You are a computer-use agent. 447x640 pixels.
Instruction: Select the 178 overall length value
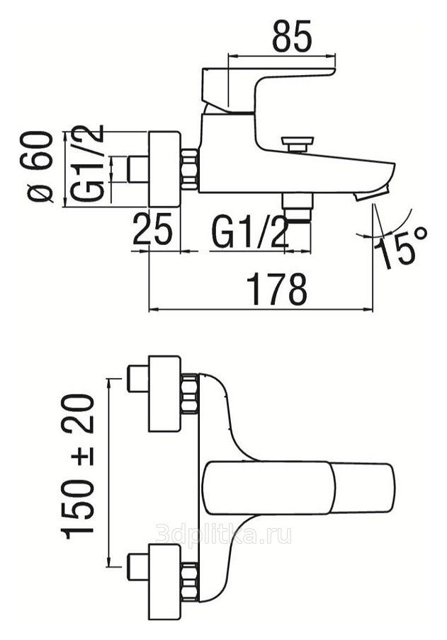pyautogui.click(x=277, y=290)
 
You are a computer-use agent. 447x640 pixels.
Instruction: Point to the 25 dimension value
pyautogui.click(x=152, y=229)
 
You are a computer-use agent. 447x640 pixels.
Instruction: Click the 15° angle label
pyautogui.click(x=400, y=248)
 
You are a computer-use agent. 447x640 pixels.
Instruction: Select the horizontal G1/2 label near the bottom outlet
pyautogui.click(x=249, y=232)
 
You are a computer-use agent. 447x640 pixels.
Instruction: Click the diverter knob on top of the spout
pyautogui.click(x=297, y=144)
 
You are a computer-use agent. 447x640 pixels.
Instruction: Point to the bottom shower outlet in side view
pyautogui.click(x=297, y=207)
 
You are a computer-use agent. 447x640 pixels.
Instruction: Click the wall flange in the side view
pyautogui.click(x=164, y=169)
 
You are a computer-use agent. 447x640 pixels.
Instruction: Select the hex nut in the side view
pyautogui.click(x=189, y=169)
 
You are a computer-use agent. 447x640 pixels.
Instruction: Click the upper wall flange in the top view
pyautogui.click(x=164, y=393)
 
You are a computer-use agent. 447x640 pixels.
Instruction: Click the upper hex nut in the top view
pyautogui.click(x=189, y=393)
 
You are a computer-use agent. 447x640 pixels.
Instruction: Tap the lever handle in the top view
pyautogui.click(x=299, y=488)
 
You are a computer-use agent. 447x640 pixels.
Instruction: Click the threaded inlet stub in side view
pyautogui.click(x=138, y=169)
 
